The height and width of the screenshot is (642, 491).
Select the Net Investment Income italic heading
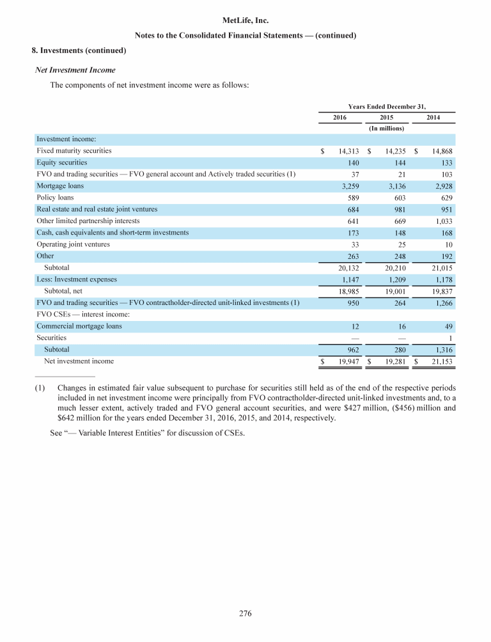pyautogui.click(x=74, y=69)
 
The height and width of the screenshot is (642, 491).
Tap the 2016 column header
pyautogui.click(x=339, y=117)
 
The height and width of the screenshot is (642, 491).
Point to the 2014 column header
pyautogui.click(x=433, y=117)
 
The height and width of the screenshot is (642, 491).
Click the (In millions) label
pyautogui.click(x=387, y=128)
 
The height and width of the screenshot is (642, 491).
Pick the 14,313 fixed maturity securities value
pyautogui.click(x=345, y=151)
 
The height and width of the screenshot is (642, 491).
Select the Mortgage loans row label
pyautogui.click(x=60, y=185)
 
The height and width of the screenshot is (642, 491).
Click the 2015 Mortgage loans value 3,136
pyautogui.click(x=391, y=186)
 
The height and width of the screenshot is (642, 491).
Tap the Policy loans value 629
pyautogui.click(x=447, y=198)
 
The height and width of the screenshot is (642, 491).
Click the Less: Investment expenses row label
pyautogui.click(x=77, y=279)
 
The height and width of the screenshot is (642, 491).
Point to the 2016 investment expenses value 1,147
pyautogui.click(x=345, y=279)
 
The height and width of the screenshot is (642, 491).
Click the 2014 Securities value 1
pyautogui.click(x=451, y=338)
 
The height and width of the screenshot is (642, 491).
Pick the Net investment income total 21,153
pyautogui.click(x=440, y=361)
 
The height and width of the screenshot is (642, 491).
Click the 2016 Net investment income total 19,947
pyautogui.click(x=345, y=361)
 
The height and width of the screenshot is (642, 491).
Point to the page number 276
pyautogui.click(x=245, y=615)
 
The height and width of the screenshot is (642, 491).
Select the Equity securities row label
pyautogui.click(x=61, y=162)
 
